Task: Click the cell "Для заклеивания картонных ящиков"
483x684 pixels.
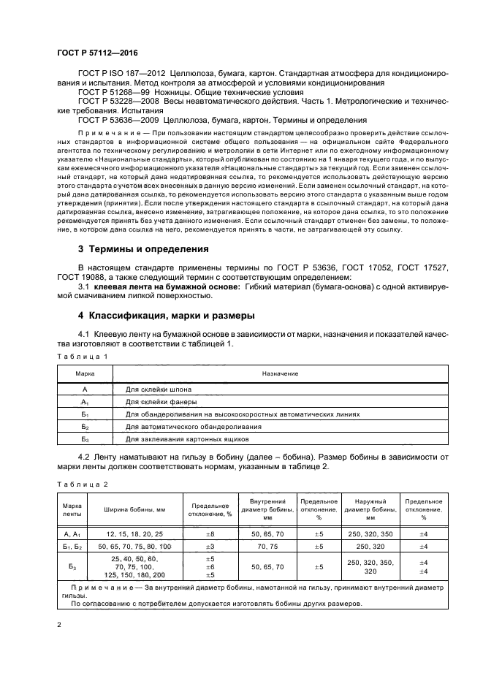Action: click(x=187, y=439)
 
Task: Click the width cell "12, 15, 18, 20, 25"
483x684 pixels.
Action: click(x=134, y=534)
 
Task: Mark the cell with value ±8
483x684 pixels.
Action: click(x=211, y=534)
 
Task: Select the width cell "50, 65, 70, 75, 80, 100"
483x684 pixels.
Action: click(x=134, y=546)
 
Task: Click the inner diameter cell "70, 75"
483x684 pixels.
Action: click(x=267, y=546)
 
